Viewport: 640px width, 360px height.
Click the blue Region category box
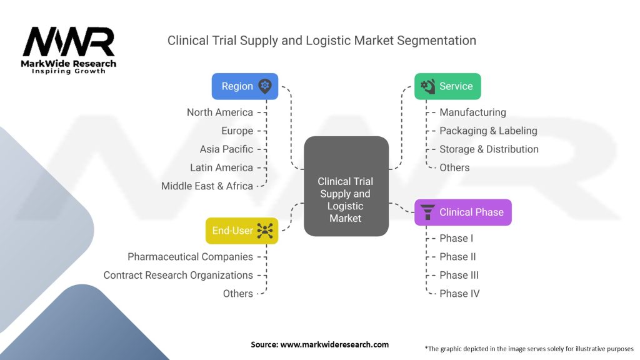(245, 86)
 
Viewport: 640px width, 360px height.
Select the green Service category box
(447, 86)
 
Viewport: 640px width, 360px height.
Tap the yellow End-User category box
(241, 231)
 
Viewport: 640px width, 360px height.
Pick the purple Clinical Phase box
(463, 212)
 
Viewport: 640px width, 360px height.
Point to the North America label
(220, 112)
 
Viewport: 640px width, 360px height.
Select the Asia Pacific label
(226, 149)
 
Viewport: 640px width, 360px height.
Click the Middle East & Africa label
(207, 186)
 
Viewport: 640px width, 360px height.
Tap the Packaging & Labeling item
(488, 131)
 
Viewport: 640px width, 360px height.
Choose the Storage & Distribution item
(489, 149)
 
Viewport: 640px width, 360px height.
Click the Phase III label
(459, 275)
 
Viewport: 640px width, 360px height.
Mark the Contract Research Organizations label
(178, 275)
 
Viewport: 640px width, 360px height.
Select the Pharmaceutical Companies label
(190, 257)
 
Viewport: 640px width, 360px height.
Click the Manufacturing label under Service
(472, 112)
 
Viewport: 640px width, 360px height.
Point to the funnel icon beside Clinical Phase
(428, 212)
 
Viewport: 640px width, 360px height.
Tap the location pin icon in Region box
(265, 86)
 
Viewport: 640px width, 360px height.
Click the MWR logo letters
(69, 42)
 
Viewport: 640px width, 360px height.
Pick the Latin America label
(221, 167)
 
